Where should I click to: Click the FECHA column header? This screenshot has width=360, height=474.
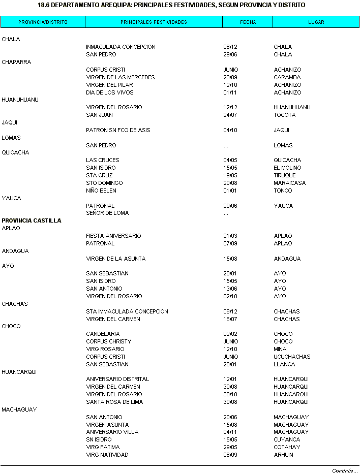[x=248, y=22]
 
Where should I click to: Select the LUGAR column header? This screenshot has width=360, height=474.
[x=316, y=22]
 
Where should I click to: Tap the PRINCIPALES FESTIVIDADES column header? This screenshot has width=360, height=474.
[x=154, y=22]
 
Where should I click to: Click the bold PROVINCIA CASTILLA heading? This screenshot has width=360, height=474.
[x=32, y=220]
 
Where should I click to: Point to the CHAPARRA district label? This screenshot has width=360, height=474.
[x=16, y=62]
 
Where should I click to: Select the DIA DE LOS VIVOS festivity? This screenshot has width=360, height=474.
[x=109, y=92]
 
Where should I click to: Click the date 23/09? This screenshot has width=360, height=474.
[x=230, y=77]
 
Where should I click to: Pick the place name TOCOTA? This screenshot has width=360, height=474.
[x=284, y=115]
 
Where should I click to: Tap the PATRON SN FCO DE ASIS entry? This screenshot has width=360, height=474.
[x=118, y=130]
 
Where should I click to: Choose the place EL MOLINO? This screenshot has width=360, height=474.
[x=287, y=168]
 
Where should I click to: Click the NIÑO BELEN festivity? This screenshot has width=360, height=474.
[x=101, y=191]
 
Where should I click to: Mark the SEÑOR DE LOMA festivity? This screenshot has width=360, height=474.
[x=107, y=213]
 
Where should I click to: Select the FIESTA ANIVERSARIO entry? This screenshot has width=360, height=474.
[x=113, y=236]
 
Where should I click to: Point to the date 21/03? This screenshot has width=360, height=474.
[x=230, y=236]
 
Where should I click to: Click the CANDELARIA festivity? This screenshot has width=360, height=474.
[x=103, y=334]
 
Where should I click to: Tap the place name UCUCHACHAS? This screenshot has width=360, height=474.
[x=292, y=357]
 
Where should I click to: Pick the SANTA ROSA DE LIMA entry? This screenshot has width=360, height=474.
[x=114, y=402]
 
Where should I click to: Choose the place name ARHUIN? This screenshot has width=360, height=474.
[x=283, y=455]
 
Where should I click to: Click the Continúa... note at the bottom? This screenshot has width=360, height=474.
[x=345, y=470]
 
